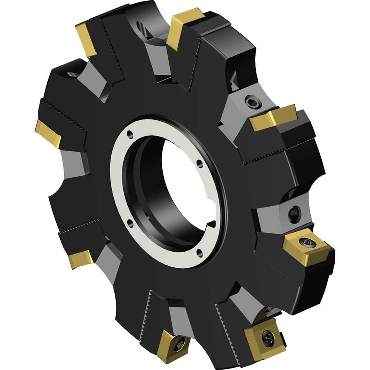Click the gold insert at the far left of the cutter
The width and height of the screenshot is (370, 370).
(x=48, y=133)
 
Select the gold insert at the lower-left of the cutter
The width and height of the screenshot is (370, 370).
(x=81, y=259)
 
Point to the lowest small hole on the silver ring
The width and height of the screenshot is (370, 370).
(x=200, y=253)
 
